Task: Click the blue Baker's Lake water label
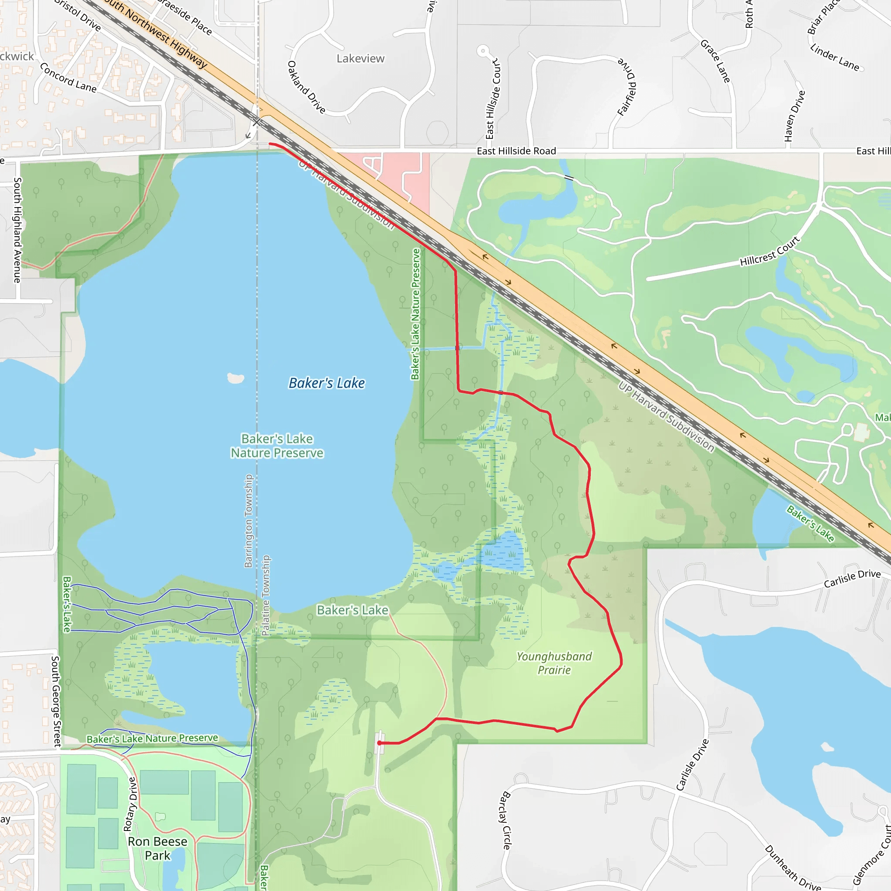coord(327,383)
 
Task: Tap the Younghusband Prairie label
coord(554,663)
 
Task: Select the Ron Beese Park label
coord(158,848)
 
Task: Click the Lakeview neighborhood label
coord(360,59)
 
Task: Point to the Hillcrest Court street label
coord(770,251)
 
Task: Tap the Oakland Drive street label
coord(307,87)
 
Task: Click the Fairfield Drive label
coord(627,87)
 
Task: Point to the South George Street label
coord(56,701)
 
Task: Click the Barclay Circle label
coord(506,821)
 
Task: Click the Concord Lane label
coord(68,78)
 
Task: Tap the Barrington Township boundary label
coord(248,521)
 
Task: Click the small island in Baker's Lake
coord(236,378)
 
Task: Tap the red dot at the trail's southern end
coord(379,743)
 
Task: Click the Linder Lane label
coord(835,58)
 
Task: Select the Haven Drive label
coord(794,116)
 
